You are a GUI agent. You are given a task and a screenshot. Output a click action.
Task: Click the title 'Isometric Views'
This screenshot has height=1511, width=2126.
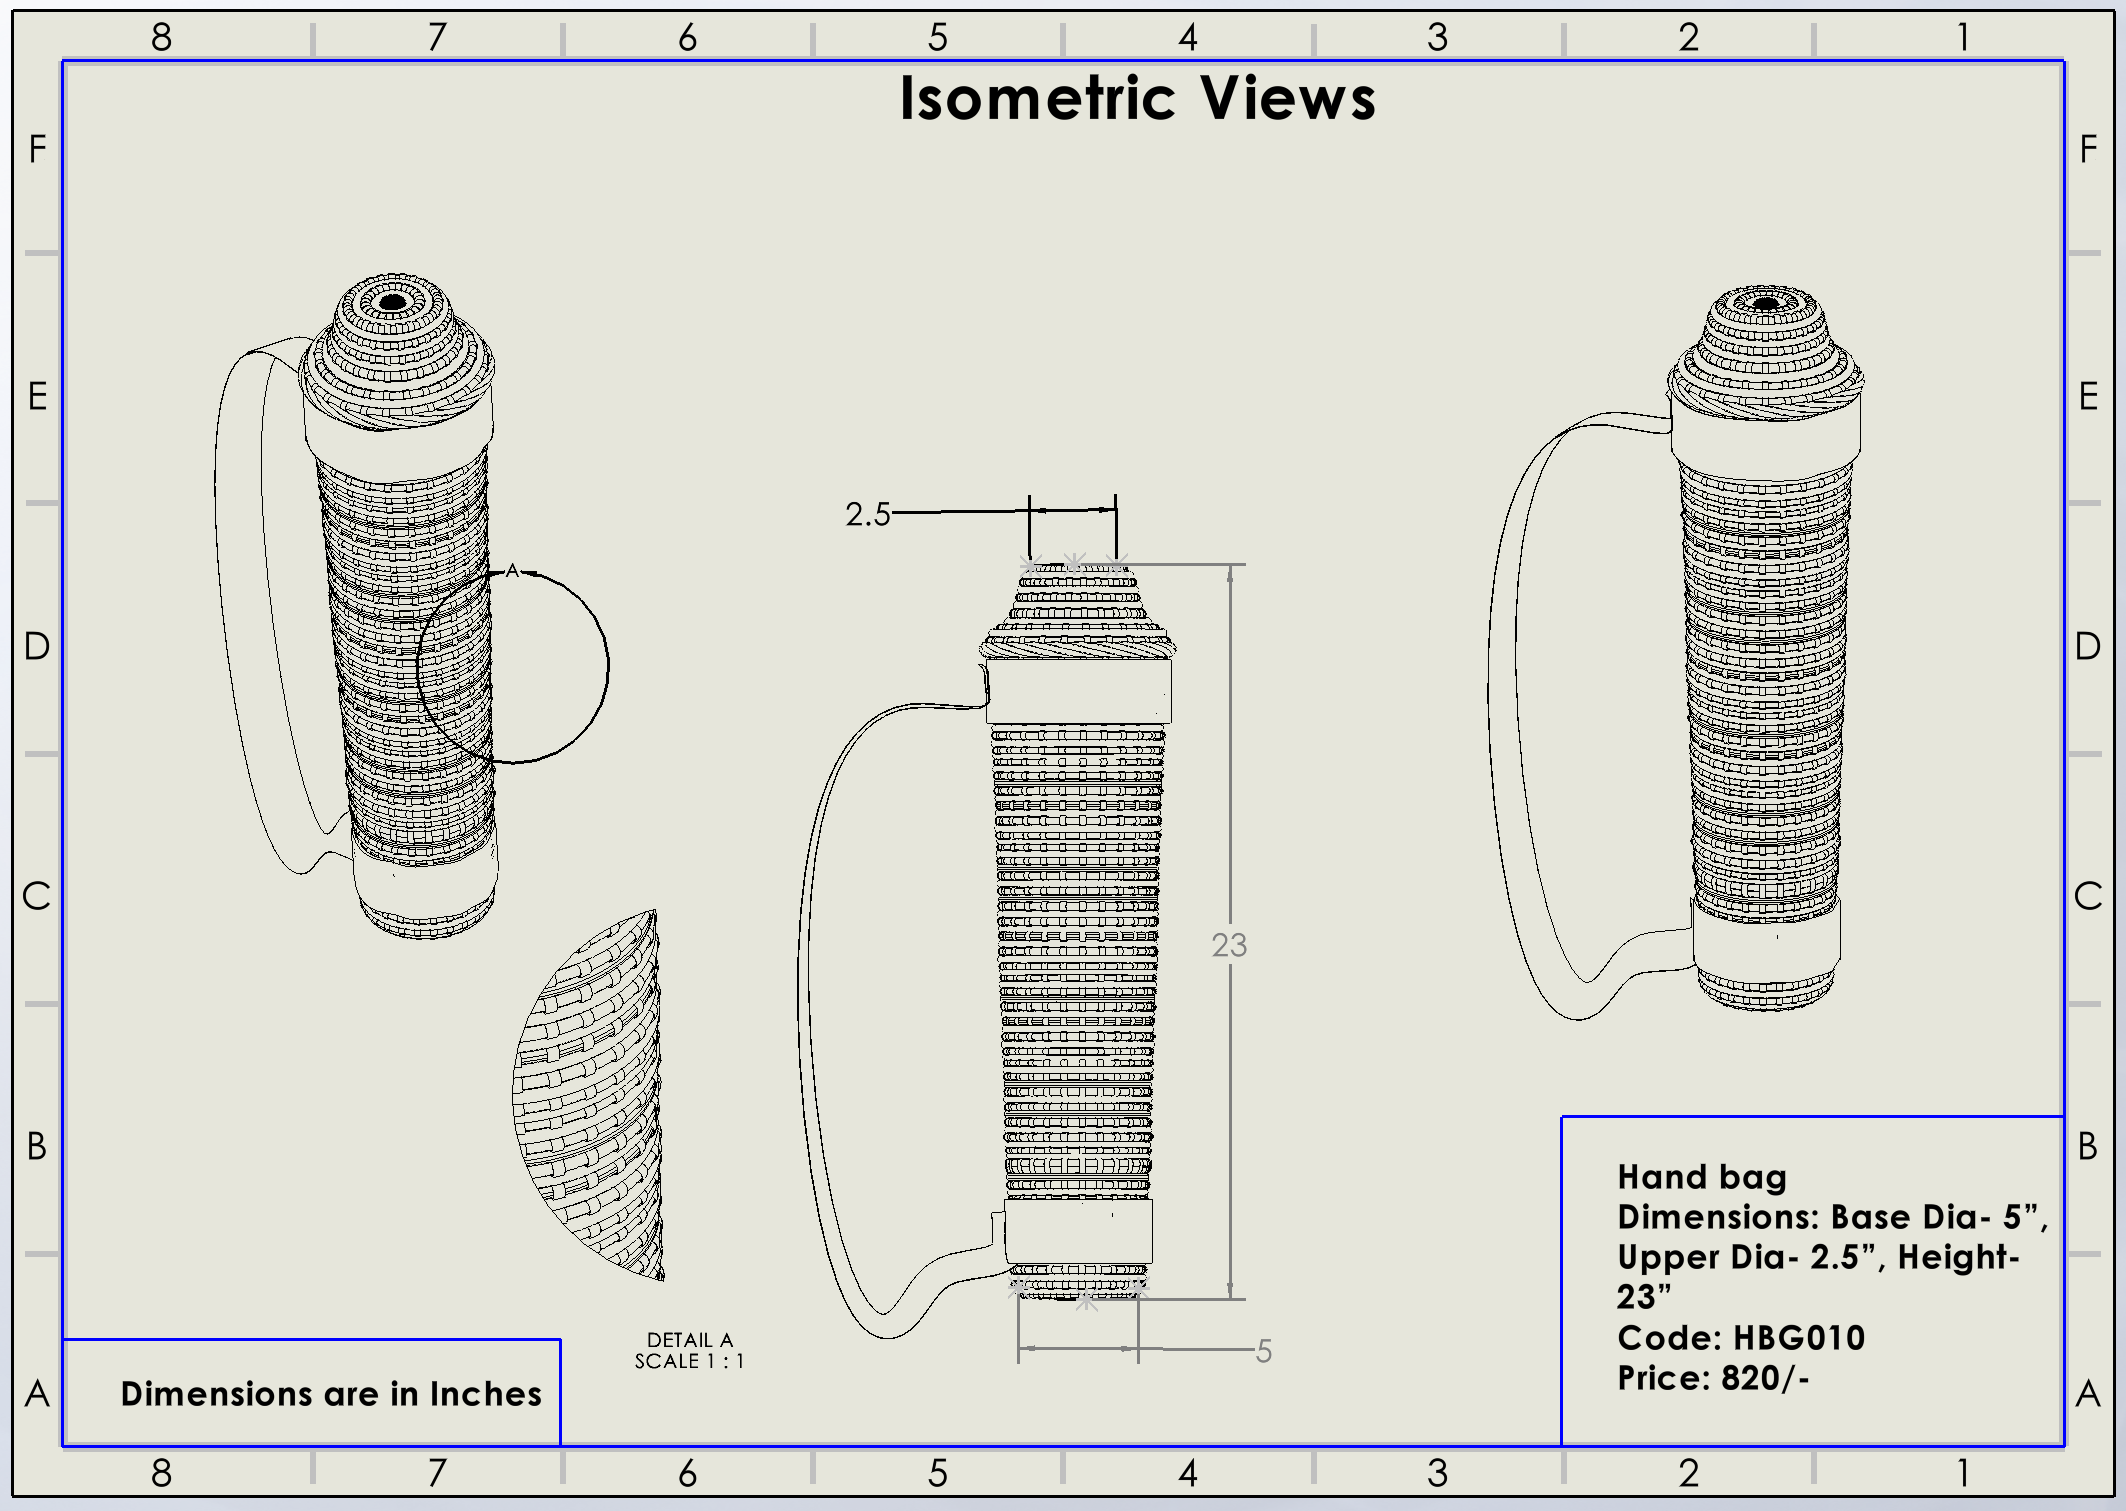click(1137, 98)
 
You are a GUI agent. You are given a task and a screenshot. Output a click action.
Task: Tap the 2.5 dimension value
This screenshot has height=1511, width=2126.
click(867, 514)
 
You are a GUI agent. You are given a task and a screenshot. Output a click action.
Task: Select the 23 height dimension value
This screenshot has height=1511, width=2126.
click(1229, 945)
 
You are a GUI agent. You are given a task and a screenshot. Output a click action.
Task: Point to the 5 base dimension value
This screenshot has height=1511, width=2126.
click(1263, 1351)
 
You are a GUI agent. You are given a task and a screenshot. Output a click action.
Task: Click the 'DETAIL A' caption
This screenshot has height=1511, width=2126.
click(689, 1339)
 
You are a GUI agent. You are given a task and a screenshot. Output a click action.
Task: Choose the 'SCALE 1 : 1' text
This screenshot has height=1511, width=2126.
click(689, 1361)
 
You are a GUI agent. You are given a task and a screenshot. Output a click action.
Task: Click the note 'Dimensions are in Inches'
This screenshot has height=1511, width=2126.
click(331, 1393)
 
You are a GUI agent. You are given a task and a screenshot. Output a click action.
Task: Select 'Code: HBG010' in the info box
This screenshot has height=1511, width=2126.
click(1741, 1337)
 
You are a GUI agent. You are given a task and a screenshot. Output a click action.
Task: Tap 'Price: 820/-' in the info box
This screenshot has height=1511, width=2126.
click(1713, 1378)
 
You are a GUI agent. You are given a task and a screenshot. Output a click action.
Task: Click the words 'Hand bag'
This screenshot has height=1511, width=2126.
click(1702, 1177)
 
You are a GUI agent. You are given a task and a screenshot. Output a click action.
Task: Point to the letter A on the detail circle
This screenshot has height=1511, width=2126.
click(512, 571)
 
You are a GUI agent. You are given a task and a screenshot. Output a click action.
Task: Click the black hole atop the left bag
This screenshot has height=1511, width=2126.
click(393, 302)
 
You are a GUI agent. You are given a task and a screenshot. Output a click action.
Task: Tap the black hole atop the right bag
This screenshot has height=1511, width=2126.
click(1766, 304)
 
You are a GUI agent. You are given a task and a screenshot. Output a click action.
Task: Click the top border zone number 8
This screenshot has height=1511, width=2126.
click(161, 37)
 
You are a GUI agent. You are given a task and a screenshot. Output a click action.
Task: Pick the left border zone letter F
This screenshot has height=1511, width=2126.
click(37, 149)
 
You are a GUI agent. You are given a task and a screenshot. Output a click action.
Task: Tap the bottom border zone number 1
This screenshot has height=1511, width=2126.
click(1963, 1472)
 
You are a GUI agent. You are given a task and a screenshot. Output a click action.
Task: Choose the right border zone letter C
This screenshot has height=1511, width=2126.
click(2087, 895)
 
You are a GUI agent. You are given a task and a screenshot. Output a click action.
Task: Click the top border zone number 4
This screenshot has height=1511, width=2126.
click(1187, 37)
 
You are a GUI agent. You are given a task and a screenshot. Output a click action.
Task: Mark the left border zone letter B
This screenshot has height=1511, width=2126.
click(37, 1145)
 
